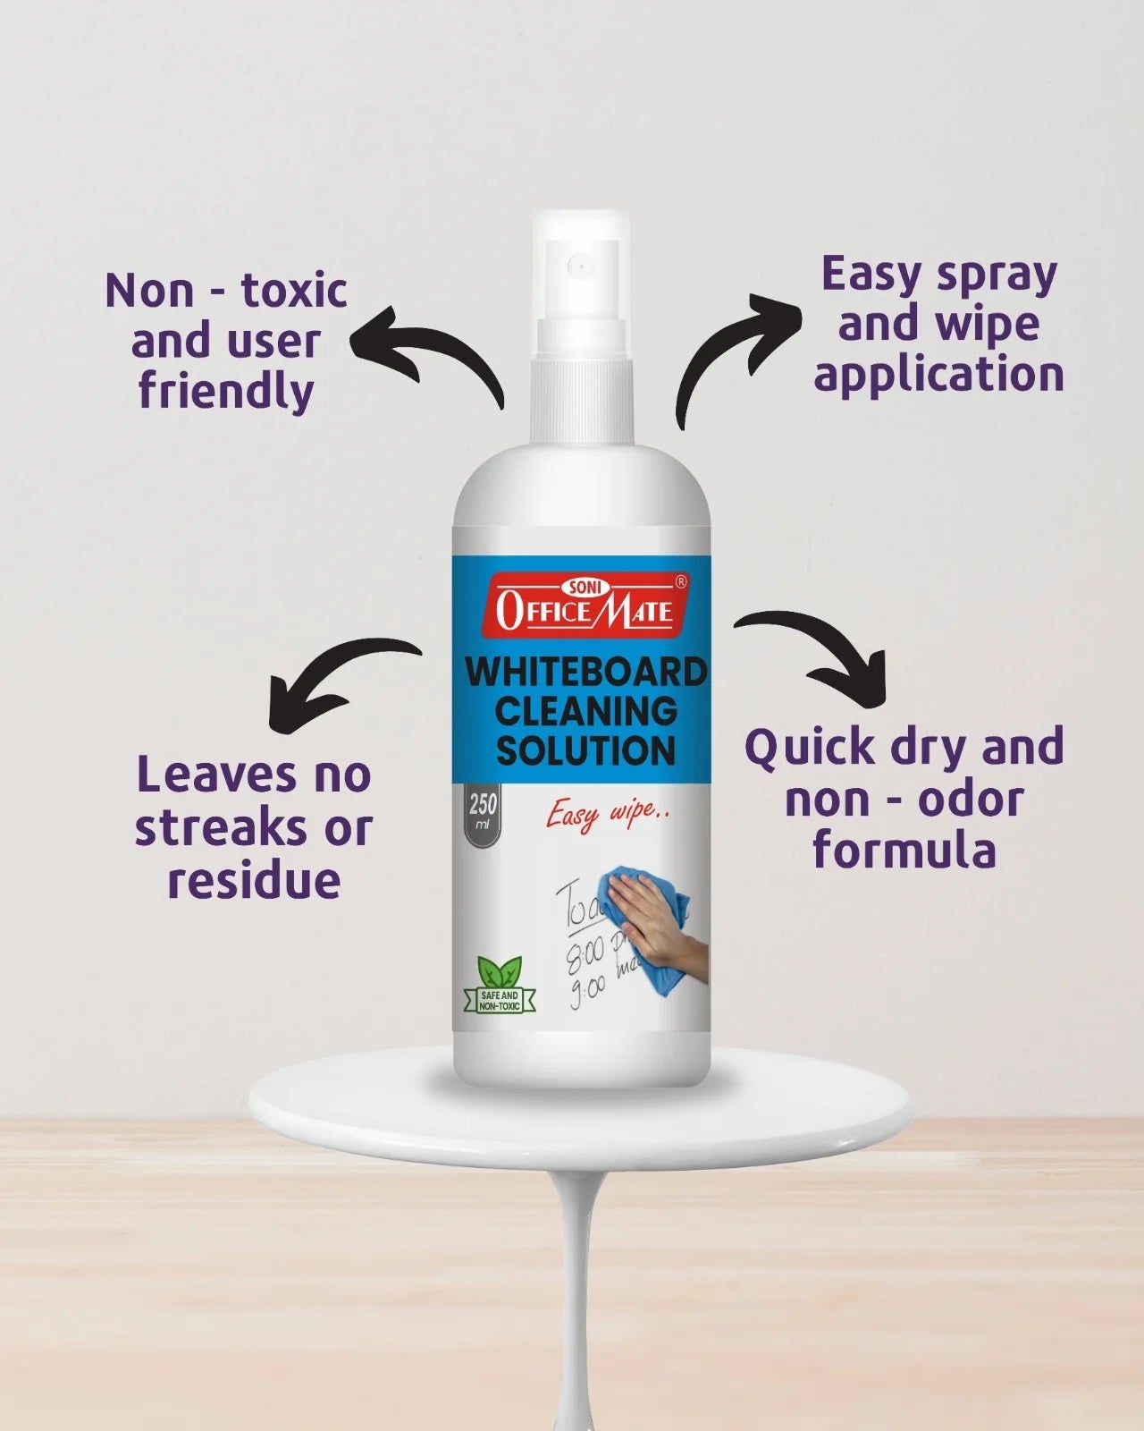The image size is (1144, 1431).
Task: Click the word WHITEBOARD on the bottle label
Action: (585, 672)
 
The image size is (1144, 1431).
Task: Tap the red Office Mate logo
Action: (585, 605)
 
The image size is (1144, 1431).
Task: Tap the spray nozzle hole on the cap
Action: (579, 266)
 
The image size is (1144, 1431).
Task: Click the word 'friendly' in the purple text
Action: (225, 392)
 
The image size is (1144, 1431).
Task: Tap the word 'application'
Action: (938, 375)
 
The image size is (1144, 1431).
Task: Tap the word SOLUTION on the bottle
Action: (585, 750)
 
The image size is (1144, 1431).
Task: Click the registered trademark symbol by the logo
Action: (681, 582)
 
